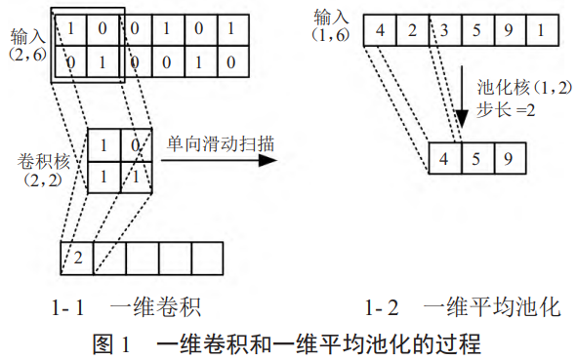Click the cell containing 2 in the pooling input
point(412,30)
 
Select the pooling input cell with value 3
point(445,30)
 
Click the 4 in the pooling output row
point(444,157)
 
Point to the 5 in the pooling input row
point(477,30)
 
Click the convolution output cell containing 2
point(77,258)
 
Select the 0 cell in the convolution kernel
point(136,147)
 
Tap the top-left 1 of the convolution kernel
point(104,147)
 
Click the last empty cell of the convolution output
point(207,258)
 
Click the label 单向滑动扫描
point(219,143)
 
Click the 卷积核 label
point(43,158)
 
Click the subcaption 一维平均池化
point(491,309)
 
